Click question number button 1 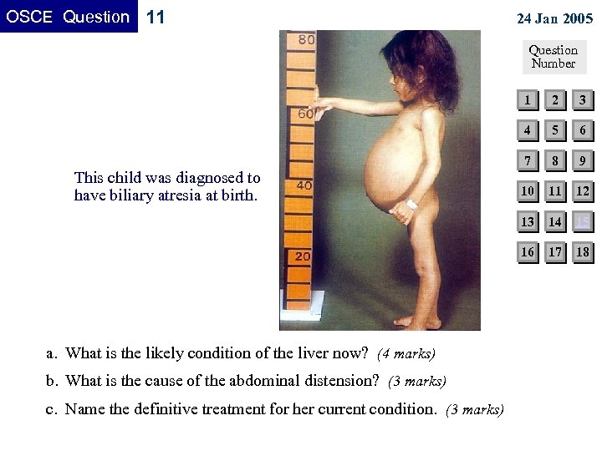click(528, 101)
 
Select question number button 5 click(555, 131)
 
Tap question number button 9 click(583, 161)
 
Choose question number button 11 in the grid click(555, 191)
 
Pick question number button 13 click(528, 221)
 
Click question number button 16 click(528, 251)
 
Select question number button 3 click(583, 101)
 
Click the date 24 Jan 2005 click(554, 18)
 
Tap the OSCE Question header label click(69, 17)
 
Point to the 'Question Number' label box click(554, 57)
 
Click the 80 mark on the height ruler click(306, 39)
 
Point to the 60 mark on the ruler click(305, 113)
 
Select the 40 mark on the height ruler click(304, 185)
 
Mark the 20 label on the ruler click(302, 256)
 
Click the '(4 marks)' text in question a click(406, 354)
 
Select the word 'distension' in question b click(344, 381)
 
